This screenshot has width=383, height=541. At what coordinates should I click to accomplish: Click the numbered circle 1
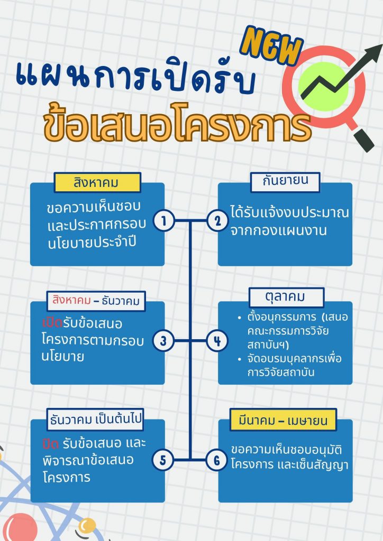[164, 221]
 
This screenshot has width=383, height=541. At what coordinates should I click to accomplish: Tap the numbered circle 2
[217, 221]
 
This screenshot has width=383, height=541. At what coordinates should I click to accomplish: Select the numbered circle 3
[163, 341]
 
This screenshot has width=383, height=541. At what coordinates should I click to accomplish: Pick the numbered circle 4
[217, 341]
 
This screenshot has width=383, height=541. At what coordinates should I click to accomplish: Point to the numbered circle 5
[163, 460]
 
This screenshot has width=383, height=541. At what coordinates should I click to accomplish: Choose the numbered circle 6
[217, 460]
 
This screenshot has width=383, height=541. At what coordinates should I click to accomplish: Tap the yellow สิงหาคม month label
[97, 183]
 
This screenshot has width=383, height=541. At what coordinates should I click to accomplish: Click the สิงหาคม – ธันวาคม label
[96, 302]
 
